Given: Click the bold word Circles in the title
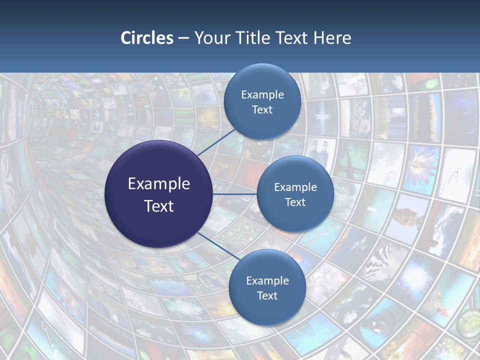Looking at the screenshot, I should tap(147, 38).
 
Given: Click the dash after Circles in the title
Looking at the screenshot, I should tap(183, 38).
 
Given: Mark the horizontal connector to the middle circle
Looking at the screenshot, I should tap(235, 194).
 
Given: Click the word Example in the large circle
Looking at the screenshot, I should tap(159, 184).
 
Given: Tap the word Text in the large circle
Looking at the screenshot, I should tap(159, 206).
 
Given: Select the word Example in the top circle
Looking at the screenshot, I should tap(262, 94).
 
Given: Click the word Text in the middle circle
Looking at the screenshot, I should tap(295, 202).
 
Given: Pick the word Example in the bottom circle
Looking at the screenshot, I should tap(267, 280).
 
